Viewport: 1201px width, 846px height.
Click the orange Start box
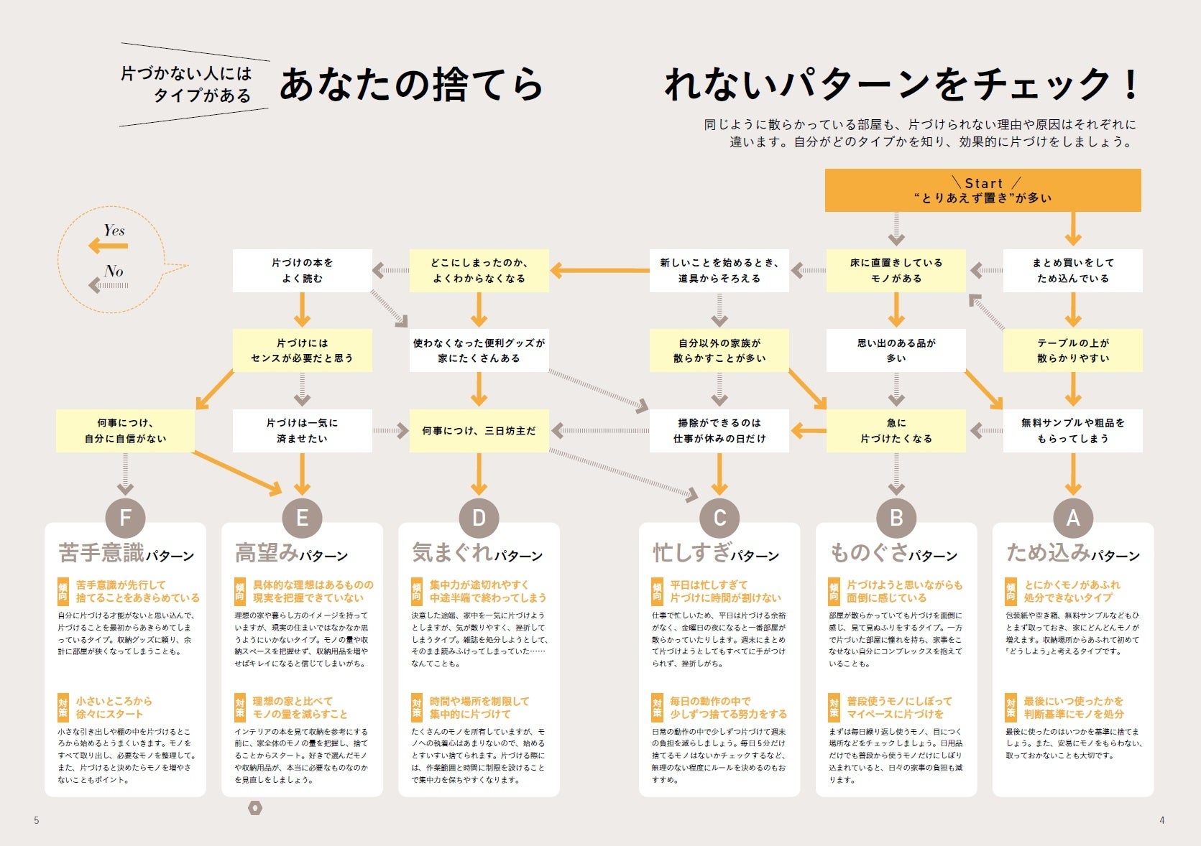983,190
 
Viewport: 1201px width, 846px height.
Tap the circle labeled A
1073,518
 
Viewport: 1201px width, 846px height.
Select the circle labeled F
125,518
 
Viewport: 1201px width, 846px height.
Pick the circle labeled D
479,518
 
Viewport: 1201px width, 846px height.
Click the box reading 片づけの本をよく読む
302,271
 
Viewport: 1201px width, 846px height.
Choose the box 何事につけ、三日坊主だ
479,431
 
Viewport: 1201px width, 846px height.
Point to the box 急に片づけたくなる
896,431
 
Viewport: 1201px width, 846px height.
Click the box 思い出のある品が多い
896,350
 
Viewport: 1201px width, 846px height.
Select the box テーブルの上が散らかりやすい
1072,350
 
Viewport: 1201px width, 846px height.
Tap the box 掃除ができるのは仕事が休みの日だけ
719,431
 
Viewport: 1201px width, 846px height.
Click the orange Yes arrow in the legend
108,246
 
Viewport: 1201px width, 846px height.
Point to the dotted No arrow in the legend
109,286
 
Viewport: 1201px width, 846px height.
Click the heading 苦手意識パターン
126,553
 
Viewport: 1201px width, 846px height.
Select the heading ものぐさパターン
893,553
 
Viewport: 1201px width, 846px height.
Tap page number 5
37,820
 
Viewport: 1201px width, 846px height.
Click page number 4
1162,820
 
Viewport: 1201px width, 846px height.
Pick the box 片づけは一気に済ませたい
302,431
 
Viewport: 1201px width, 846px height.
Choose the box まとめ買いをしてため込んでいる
1072,271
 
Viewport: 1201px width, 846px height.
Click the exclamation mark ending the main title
1131,85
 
